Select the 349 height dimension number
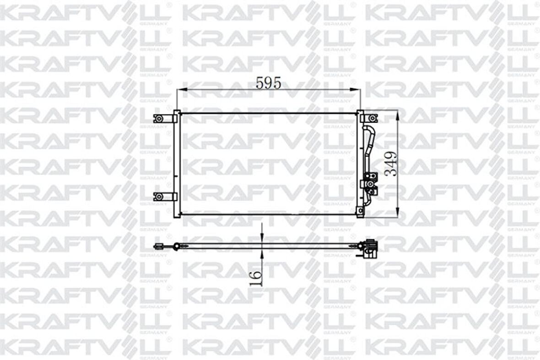(390, 164)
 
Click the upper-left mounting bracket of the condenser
(159, 118)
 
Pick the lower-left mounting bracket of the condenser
(159, 196)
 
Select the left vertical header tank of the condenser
(176, 164)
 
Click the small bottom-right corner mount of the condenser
(361, 211)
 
